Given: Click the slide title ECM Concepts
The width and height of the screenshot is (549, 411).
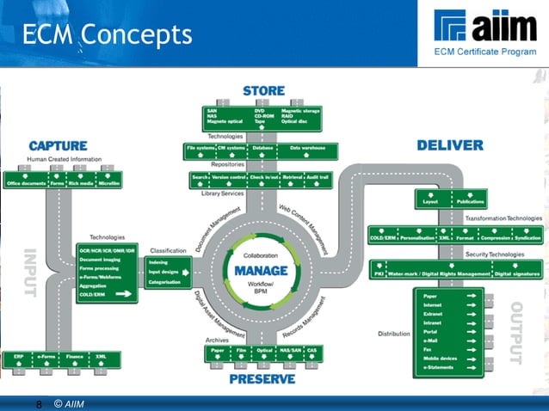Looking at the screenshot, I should tap(108, 34).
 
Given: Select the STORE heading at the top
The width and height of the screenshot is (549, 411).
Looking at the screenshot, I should tap(263, 91).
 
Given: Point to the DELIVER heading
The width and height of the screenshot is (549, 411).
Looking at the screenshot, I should tap(450, 145).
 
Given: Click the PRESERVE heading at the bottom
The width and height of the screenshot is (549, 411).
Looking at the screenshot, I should tap(262, 378).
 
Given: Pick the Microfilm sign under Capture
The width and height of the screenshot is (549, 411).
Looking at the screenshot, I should tap(109, 183).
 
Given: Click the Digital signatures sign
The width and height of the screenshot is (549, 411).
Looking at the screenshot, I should tap(517, 274).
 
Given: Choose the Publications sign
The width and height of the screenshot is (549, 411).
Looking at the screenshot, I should tap(470, 202).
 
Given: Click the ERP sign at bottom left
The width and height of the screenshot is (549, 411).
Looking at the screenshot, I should tap(18, 355).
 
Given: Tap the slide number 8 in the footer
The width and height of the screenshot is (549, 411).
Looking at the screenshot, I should tap(39, 403).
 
